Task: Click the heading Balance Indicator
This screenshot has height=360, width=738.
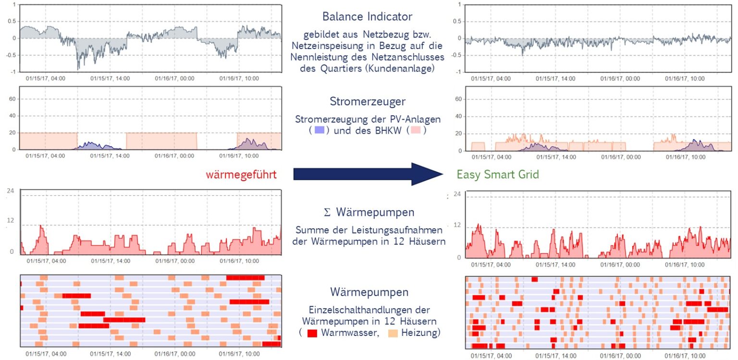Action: click(367, 16)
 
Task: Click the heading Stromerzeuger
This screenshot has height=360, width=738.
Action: click(368, 101)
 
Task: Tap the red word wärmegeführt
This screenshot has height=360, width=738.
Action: click(241, 174)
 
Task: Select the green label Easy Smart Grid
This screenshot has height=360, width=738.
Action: click(497, 174)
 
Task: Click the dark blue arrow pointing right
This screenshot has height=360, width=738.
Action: click(368, 174)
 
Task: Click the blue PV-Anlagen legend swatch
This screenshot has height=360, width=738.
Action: click(320, 130)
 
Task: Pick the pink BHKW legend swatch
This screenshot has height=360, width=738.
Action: click(416, 130)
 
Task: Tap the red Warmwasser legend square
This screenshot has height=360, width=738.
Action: click(312, 333)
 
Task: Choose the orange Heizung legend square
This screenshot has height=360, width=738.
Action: click(393, 333)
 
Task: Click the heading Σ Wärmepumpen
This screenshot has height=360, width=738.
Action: click(369, 212)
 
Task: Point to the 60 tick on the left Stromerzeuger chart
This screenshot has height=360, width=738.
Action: click(12, 99)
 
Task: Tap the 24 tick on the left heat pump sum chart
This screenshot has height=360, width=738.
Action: click(11, 191)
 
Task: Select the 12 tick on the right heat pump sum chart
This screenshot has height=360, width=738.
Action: click(457, 225)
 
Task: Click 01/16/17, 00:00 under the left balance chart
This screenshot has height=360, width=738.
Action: click(174, 78)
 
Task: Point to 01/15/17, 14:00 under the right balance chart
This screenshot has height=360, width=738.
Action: click(555, 79)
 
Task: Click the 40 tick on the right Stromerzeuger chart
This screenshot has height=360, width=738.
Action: click(458, 116)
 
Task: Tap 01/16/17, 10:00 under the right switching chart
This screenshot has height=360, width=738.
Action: click(685, 356)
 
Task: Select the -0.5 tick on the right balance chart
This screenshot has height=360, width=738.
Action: click(456, 55)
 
